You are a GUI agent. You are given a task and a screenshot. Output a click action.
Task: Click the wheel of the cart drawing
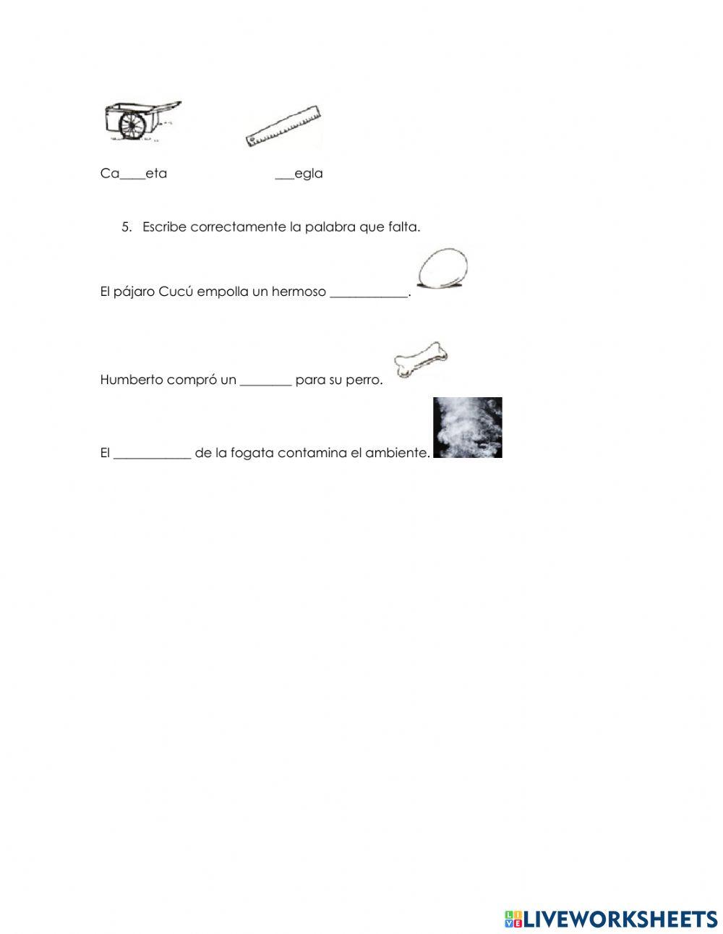[132, 127]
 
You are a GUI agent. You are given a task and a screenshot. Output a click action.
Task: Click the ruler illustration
[283, 126]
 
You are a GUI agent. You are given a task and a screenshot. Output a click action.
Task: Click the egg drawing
[443, 269]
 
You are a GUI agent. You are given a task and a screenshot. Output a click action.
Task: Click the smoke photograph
[467, 428]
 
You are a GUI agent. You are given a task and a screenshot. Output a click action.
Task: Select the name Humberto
[132, 380]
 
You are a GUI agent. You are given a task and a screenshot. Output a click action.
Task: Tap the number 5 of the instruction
[126, 227]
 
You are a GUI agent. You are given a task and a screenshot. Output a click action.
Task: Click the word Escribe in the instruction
[164, 227]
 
